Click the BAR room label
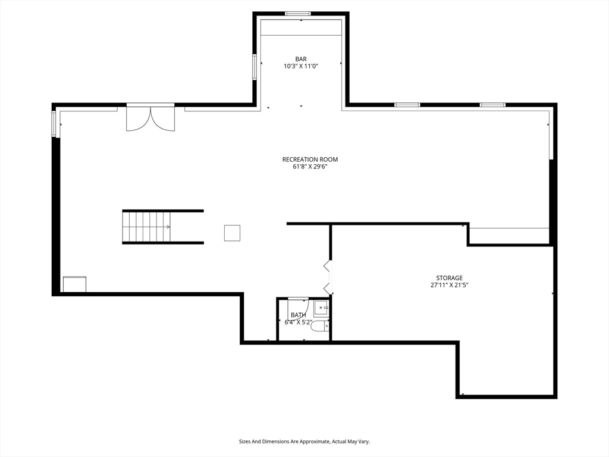coord(300,59)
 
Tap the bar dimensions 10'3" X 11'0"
coord(300,67)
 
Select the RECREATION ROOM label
coord(310,159)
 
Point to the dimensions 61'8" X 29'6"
coord(310,167)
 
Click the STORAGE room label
coord(450,278)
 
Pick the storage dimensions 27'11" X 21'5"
coord(450,285)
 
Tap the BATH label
coord(299,315)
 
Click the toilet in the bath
coord(320,325)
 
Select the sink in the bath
coord(322,308)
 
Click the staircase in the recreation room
coord(163,227)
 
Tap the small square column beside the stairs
coord(232,233)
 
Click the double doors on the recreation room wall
coord(150,117)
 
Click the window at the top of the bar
coord(298,14)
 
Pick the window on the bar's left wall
coord(255,67)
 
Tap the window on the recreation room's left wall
coord(54,124)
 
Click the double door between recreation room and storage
coord(328,277)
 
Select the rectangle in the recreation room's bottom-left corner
coord(74,284)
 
